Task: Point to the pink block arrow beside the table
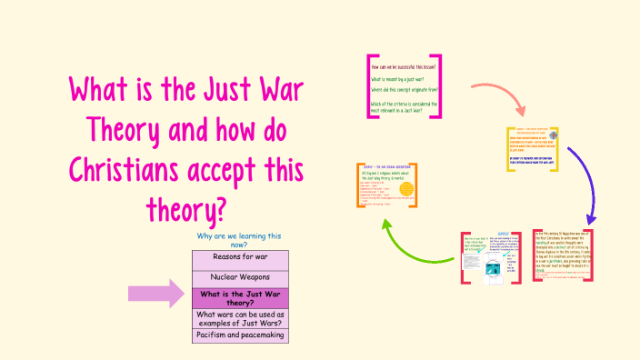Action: point(157,292)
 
